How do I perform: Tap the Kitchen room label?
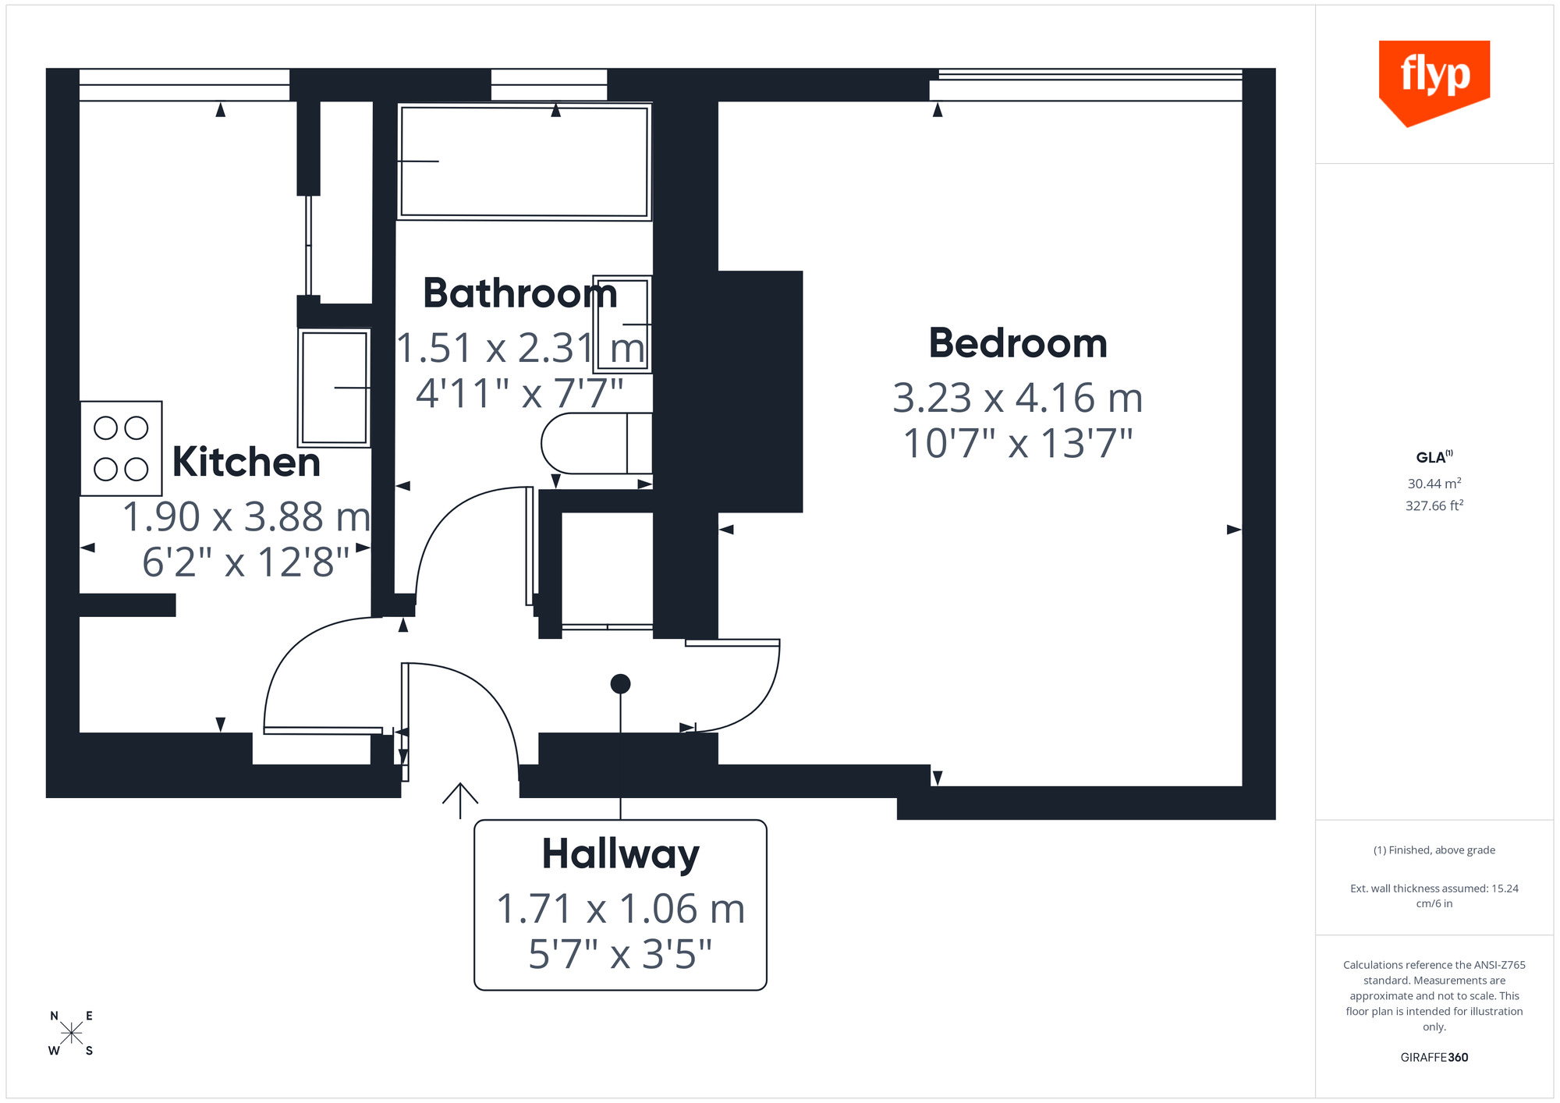click(x=246, y=462)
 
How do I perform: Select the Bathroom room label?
click(x=519, y=293)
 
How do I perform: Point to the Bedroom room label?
click(x=1017, y=343)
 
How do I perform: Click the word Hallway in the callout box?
click(x=620, y=854)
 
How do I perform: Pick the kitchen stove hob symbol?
click(x=121, y=449)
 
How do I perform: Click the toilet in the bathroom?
click(x=597, y=443)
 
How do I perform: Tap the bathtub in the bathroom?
click(x=523, y=161)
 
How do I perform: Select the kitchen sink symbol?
click(x=334, y=388)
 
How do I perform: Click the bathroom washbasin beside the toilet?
click(x=622, y=324)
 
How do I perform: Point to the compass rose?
click(x=71, y=1034)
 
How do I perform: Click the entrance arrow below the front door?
click(x=460, y=800)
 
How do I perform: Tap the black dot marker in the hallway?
click(x=620, y=684)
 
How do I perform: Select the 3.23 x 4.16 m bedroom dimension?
click(x=1017, y=399)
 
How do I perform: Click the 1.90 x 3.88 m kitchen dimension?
click(x=246, y=517)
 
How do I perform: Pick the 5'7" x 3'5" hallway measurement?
click(x=620, y=954)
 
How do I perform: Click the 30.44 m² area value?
click(x=1434, y=484)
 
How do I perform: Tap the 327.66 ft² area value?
click(x=1434, y=505)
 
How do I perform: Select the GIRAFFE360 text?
click(x=1434, y=1058)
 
